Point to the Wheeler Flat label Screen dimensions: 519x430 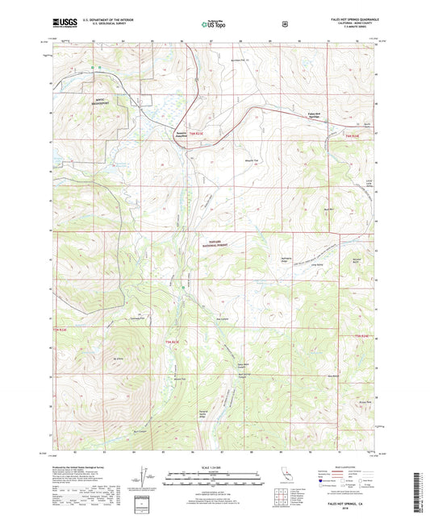tap(228, 160)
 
